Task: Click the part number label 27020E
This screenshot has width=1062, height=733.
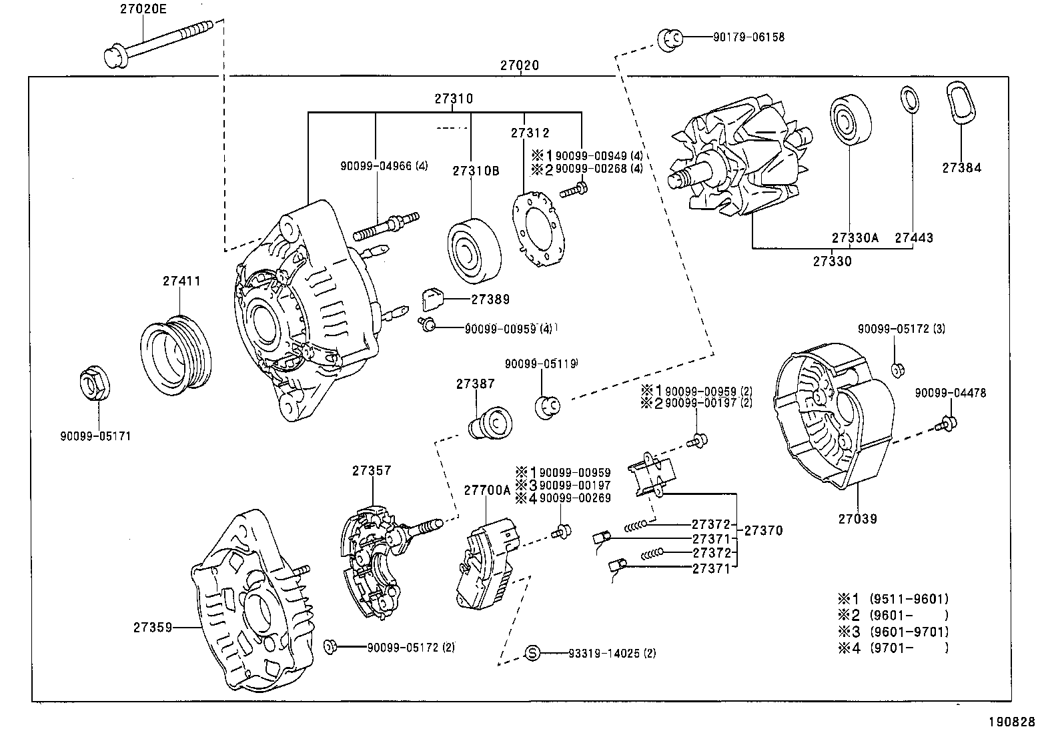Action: click(x=144, y=10)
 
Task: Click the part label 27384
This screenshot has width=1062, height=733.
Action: click(x=961, y=168)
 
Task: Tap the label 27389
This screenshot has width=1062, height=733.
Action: click(x=490, y=299)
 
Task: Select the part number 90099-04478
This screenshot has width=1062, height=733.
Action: click(x=950, y=394)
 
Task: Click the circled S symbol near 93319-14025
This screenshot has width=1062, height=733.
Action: click(x=532, y=653)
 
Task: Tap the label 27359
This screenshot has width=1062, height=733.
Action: click(x=153, y=628)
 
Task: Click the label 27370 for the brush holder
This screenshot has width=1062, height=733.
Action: click(x=763, y=531)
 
